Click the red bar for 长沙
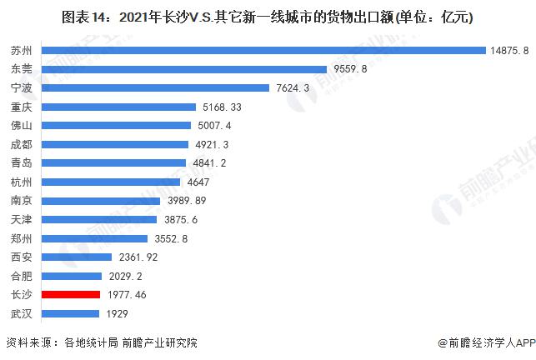point(69,294)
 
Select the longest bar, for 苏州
point(263,50)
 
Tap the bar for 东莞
point(183,69)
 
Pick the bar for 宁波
point(155,87)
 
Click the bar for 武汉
point(69,313)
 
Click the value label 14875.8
point(510,50)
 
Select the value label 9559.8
point(350,69)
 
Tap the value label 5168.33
point(223,107)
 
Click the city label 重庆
point(22,107)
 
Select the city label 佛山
point(22,126)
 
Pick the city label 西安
point(22,257)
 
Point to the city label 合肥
point(22,276)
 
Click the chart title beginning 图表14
point(268,17)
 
